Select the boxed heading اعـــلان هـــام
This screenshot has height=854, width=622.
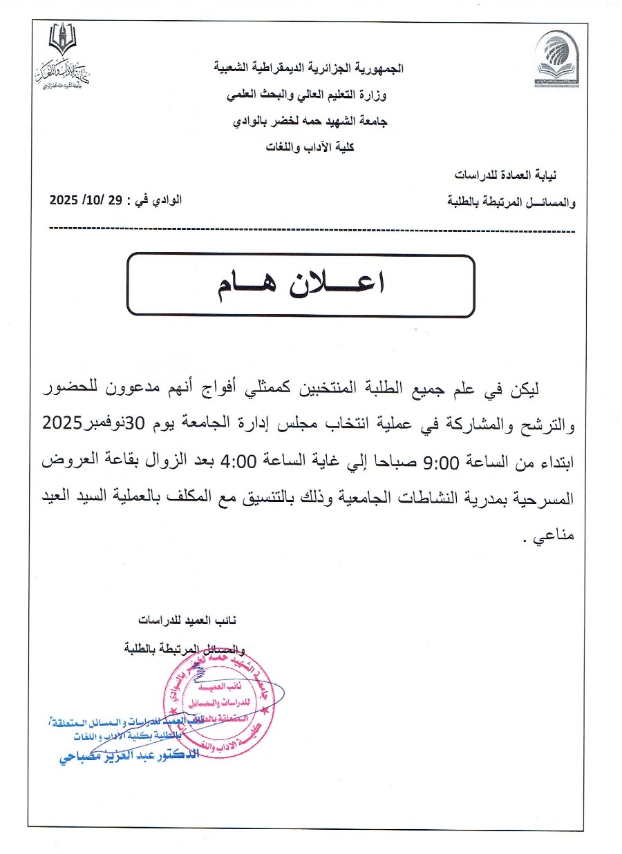(x=301, y=286)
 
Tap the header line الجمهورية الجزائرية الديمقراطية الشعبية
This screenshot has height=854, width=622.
(x=308, y=69)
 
